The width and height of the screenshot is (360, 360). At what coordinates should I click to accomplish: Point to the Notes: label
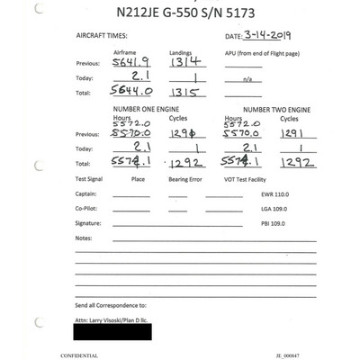(x=85, y=238)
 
